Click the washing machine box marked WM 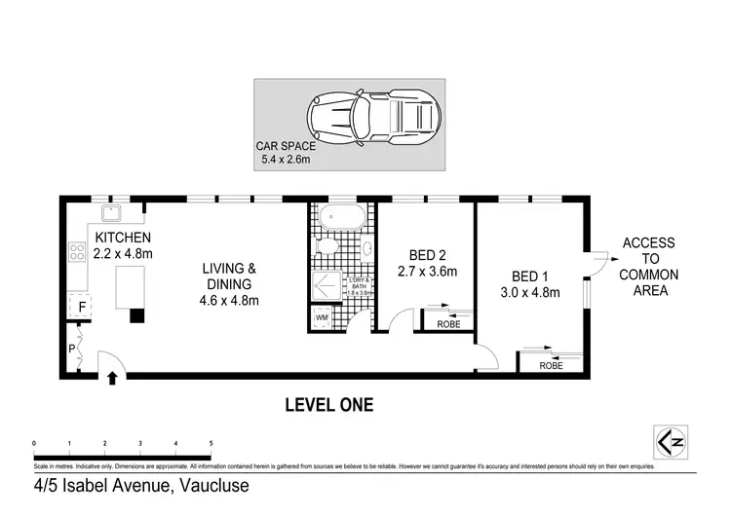[x=322, y=318]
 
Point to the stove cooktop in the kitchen [x=76, y=255]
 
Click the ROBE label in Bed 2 [x=448, y=324]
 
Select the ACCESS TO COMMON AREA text [x=648, y=267]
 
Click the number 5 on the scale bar [x=211, y=444]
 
